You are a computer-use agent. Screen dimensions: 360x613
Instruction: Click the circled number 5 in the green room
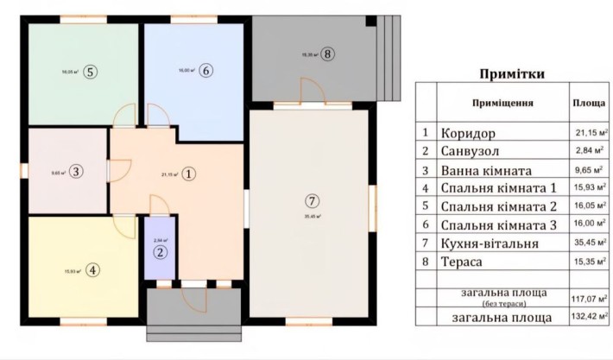[x=91, y=72]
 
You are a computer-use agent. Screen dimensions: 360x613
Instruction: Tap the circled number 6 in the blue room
[x=205, y=71]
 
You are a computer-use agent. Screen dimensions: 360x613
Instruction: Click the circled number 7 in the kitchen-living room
[x=312, y=200]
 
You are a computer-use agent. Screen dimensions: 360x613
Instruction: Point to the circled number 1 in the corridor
[x=190, y=174]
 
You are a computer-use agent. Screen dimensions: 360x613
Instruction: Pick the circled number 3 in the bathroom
[x=76, y=172]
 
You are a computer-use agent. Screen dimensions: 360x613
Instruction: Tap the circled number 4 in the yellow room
[x=92, y=270]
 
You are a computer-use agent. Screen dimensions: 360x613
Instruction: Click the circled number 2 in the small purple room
[x=161, y=253]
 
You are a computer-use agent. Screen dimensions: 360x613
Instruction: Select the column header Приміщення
[x=502, y=102]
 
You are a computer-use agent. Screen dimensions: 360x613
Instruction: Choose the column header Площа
[x=588, y=102]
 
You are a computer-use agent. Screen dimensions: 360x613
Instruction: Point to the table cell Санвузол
[x=471, y=153]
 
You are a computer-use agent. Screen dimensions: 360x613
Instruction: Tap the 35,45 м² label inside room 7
[x=312, y=218]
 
